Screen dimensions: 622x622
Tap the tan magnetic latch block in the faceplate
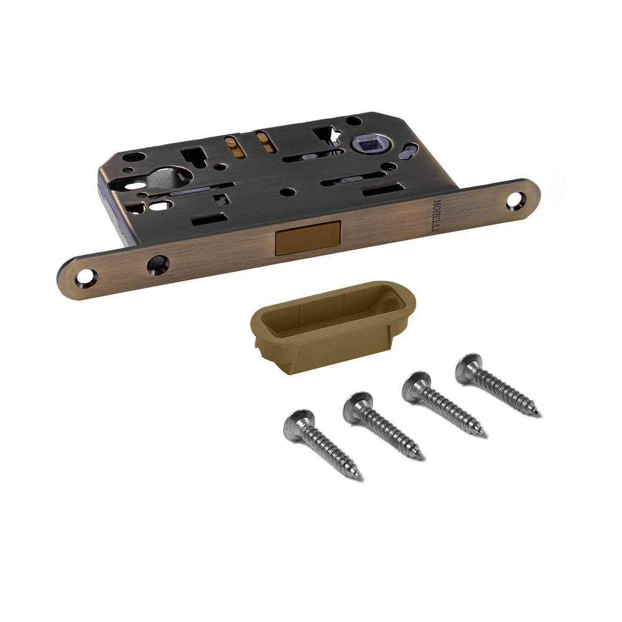307,238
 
